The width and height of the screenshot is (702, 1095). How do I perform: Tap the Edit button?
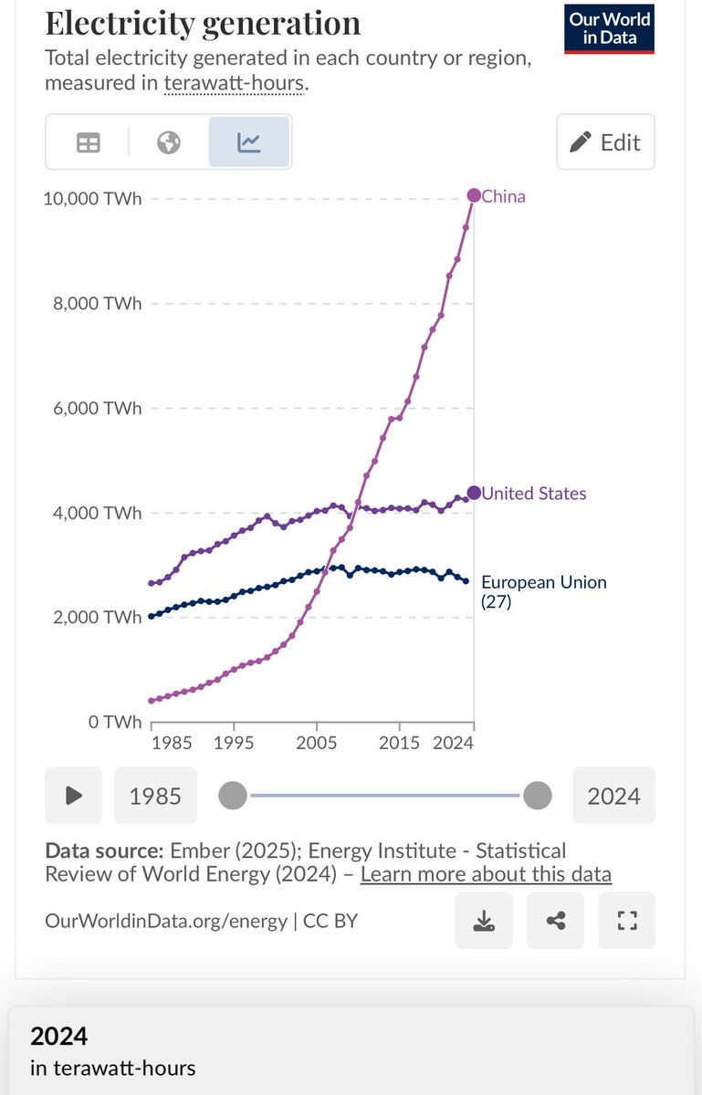point(605,142)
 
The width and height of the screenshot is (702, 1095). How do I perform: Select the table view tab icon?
point(89,142)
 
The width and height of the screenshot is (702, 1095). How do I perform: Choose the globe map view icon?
point(169,142)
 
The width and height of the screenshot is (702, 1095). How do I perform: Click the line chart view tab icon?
point(249,142)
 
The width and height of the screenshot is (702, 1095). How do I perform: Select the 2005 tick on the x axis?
point(317,743)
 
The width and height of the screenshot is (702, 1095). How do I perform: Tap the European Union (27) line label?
point(543,591)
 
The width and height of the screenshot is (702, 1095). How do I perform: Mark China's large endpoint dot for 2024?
point(474,195)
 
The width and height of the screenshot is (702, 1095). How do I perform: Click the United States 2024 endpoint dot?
point(474,493)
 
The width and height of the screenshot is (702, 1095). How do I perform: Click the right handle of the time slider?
point(538,796)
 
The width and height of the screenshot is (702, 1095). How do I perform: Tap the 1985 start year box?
point(155,796)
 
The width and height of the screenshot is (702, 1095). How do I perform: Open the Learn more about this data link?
point(486,874)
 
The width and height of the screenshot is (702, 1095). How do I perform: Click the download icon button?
point(484,921)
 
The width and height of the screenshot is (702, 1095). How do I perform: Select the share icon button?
point(555,921)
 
